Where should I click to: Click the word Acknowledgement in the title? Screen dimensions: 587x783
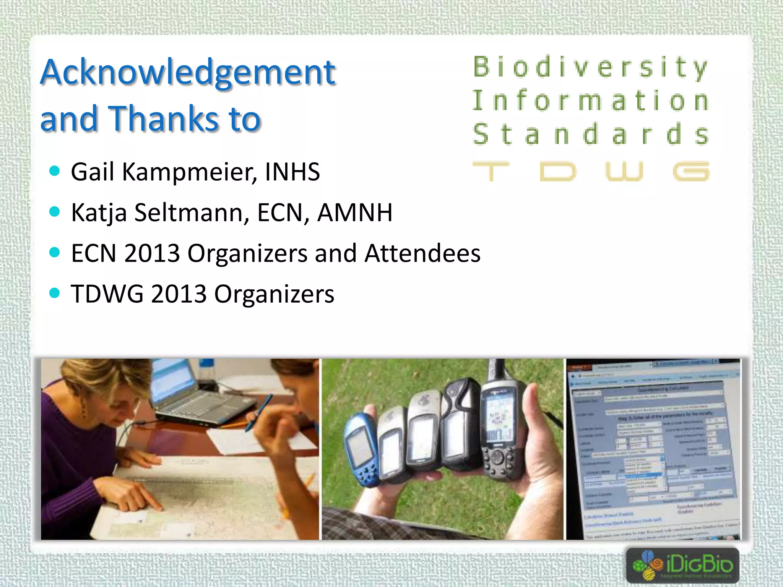pyautogui.click(x=188, y=73)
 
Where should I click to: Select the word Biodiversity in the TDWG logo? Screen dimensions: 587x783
pyautogui.click(x=591, y=67)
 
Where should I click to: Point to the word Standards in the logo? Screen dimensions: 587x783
pyautogui.click(x=591, y=135)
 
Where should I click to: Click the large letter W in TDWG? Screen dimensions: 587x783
pyautogui.click(x=624, y=171)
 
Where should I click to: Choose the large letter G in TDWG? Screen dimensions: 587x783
pyautogui.click(x=691, y=171)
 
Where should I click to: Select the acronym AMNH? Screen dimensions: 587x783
pyautogui.click(x=355, y=212)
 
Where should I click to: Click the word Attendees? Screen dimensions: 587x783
pyautogui.click(x=422, y=253)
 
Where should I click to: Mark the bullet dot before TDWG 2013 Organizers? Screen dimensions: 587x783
pyautogui.click(x=55, y=293)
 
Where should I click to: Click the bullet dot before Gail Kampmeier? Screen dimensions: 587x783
pyautogui.click(x=55, y=171)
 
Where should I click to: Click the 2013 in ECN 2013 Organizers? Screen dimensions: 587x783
pyautogui.click(x=152, y=253)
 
